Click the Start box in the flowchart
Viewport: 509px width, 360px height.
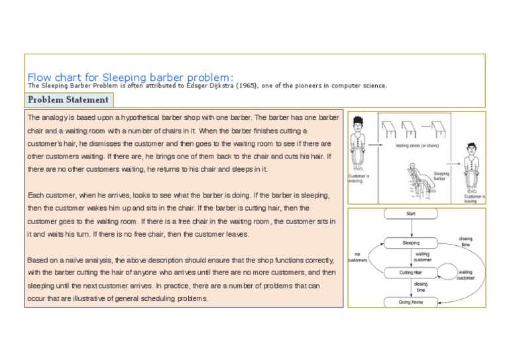pyautogui.click(x=411, y=214)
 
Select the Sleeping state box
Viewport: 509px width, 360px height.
pyautogui.click(x=411, y=243)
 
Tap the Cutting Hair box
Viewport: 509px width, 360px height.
pyautogui.click(x=411, y=272)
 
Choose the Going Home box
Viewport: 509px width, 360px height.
pyautogui.click(x=411, y=302)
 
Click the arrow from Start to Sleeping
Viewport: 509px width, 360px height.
pyautogui.click(x=411, y=229)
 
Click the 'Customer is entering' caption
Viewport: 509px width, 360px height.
pyautogui.click(x=359, y=179)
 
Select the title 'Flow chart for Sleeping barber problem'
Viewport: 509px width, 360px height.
pyautogui.click(x=130, y=76)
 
